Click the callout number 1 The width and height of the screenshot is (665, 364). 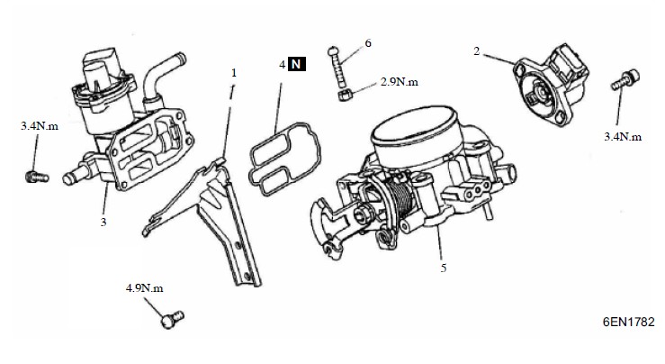(x=234, y=73)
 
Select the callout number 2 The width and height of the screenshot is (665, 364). (x=477, y=51)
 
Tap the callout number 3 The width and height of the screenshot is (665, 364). (x=103, y=223)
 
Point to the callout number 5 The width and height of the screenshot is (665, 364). (x=444, y=268)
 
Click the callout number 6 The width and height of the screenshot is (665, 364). (x=368, y=43)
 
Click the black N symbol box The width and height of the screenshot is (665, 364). (x=297, y=65)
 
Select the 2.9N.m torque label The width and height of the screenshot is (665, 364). (x=399, y=82)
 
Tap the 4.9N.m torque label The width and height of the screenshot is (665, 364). (x=145, y=288)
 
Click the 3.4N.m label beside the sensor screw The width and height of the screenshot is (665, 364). (x=623, y=137)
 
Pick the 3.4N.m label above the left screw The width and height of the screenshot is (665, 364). (x=40, y=126)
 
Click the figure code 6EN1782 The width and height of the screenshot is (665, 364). (x=628, y=322)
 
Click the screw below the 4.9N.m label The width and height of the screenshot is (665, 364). (x=172, y=320)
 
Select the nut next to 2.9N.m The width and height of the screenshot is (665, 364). (x=346, y=95)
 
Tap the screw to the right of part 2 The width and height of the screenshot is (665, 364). (x=626, y=80)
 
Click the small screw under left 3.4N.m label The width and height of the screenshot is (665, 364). (x=37, y=177)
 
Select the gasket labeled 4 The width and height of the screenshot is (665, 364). (x=285, y=159)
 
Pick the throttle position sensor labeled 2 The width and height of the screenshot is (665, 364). (x=551, y=84)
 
